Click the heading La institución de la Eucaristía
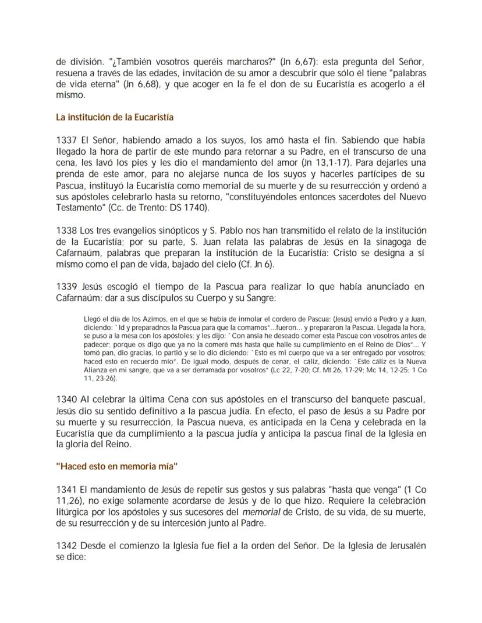pyautogui.click(x=115, y=118)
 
